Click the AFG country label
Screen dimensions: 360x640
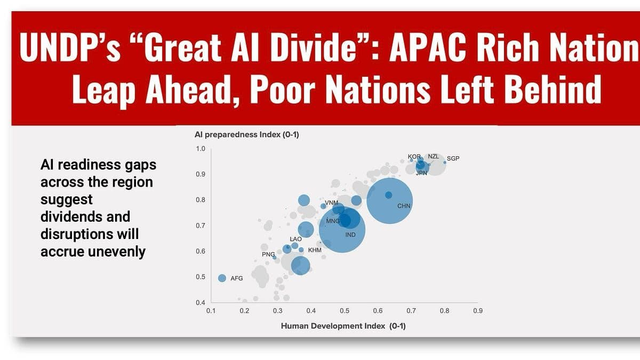(236, 278)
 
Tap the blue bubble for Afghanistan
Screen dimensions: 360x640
(222, 278)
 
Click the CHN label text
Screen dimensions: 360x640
(404, 206)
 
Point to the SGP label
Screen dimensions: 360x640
(453, 158)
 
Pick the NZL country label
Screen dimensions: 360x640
(434, 156)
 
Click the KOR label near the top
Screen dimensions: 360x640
(414, 156)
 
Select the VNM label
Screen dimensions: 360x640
(332, 203)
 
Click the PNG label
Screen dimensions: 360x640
(268, 255)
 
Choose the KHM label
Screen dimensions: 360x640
(315, 250)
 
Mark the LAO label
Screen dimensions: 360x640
(295, 239)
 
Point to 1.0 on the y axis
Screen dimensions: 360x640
(200, 149)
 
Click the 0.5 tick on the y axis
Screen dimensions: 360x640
(200, 277)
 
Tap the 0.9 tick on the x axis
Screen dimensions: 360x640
(477, 310)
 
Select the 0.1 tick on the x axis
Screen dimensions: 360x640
(211, 310)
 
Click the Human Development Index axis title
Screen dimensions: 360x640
(343, 326)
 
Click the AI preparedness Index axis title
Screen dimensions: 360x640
(247, 135)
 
